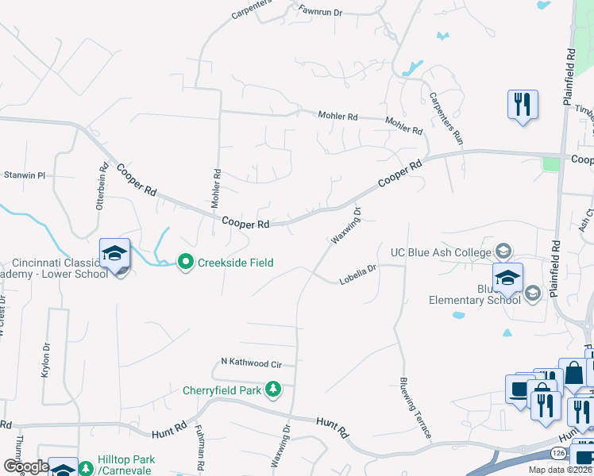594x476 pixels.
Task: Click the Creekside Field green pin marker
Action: click(185, 261)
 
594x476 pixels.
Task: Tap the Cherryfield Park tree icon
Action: click(273, 389)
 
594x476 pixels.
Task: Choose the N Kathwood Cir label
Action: click(251, 363)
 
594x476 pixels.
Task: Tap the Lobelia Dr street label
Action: click(357, 278)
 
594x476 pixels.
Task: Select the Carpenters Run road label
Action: click(445, 117)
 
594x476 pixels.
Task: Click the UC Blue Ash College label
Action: click(441, 252)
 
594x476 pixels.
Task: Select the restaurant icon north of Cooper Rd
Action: click(523, 105)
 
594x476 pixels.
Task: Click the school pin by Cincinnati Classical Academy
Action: click(114, 254)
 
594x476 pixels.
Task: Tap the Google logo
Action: click(25, 466)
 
